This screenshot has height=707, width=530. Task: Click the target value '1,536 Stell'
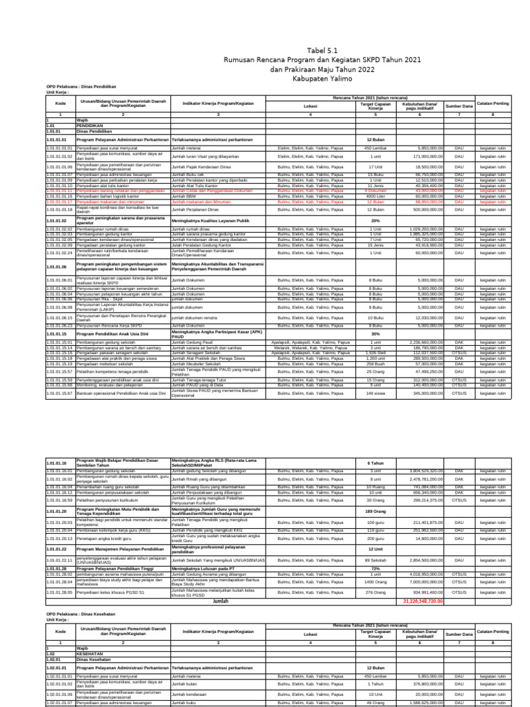tap(375, 352)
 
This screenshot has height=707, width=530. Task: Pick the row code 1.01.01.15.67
tap(59, 392)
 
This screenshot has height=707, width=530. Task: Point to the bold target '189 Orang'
tap(375, 512)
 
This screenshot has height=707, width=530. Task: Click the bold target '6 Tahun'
tap(375, 463)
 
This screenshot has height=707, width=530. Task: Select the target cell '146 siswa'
tap(375, 392)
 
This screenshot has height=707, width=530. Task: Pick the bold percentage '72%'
tap(375, 569)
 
